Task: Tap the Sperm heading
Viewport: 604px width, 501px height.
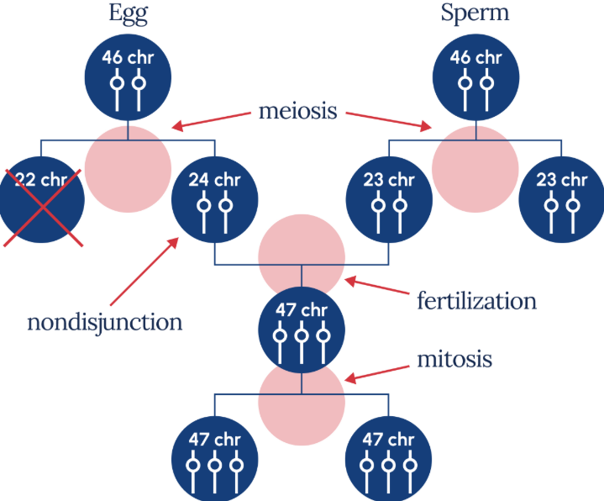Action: pos(476,15)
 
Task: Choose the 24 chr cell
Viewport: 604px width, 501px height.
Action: pos(214,202)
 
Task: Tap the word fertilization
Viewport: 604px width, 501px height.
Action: pos(476,299)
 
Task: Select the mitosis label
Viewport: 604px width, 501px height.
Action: pos(454,360)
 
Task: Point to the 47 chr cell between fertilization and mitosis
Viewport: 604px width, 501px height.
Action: pos(301,328)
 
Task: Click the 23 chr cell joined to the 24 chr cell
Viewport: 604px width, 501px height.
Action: pos(390,202)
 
